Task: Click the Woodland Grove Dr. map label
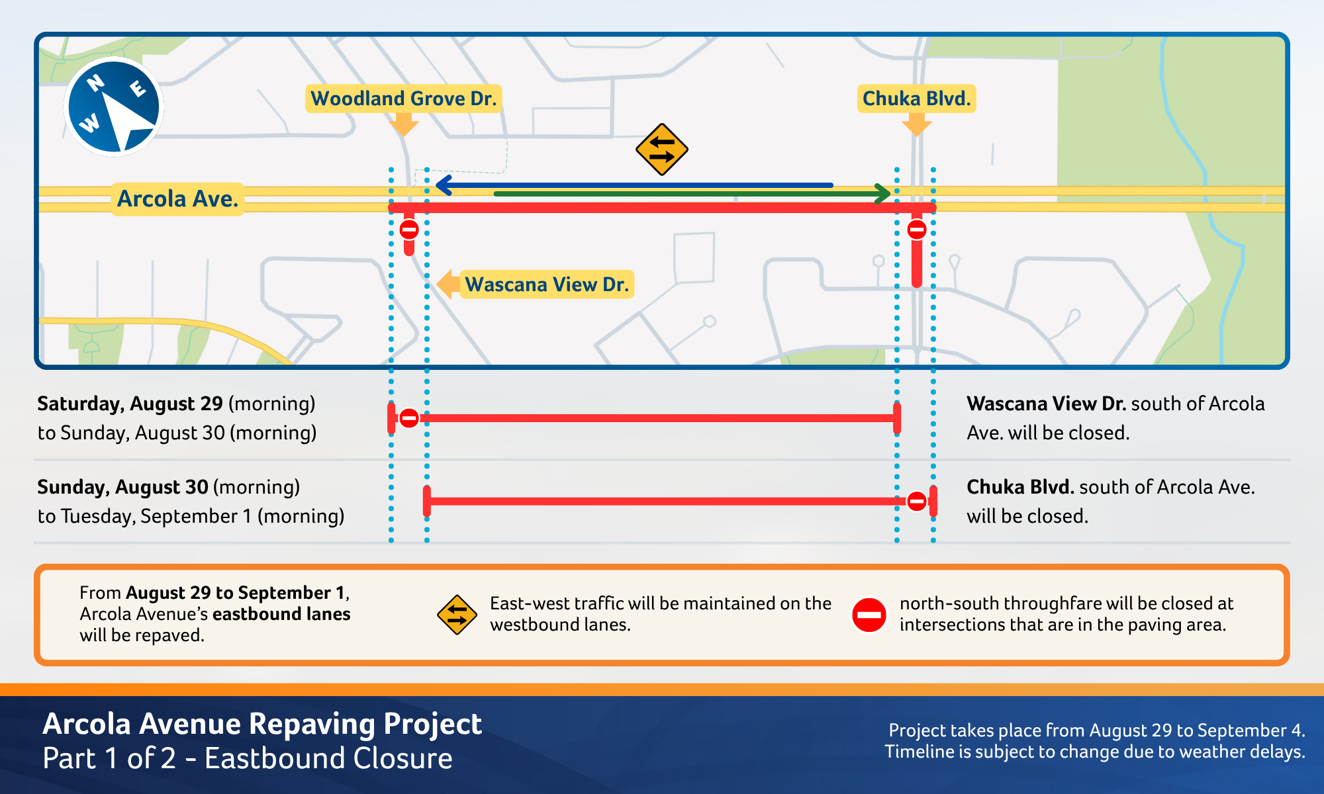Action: [x=403, y=99]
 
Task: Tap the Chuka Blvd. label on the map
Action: [x=916, y=99]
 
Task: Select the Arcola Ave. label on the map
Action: [x=177, y=198]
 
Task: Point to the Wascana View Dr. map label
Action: [x=547, y=285]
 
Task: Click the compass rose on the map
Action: [x=114, y=107]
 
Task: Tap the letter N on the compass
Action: [x=96, y=83]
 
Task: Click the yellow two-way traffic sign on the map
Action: [x=661, y=150]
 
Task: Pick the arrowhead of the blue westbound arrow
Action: [x=444, y=185]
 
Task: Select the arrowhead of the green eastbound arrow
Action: [x=882, y=194]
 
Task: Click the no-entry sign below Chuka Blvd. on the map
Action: [x=917, y=230]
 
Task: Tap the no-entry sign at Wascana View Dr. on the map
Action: [x=409, y=230]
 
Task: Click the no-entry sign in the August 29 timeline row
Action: [x=409, y=418]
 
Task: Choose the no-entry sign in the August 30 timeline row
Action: [x=917, y=502]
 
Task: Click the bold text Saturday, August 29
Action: [x=130, y=404]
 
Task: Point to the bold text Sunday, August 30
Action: [x=122, y=487]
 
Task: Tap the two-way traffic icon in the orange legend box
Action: [x=457, y=615]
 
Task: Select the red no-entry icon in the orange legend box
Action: [x=869, y=615]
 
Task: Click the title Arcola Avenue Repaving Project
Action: [x=262, y=724]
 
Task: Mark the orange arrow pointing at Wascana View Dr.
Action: [x=448, y=285]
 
